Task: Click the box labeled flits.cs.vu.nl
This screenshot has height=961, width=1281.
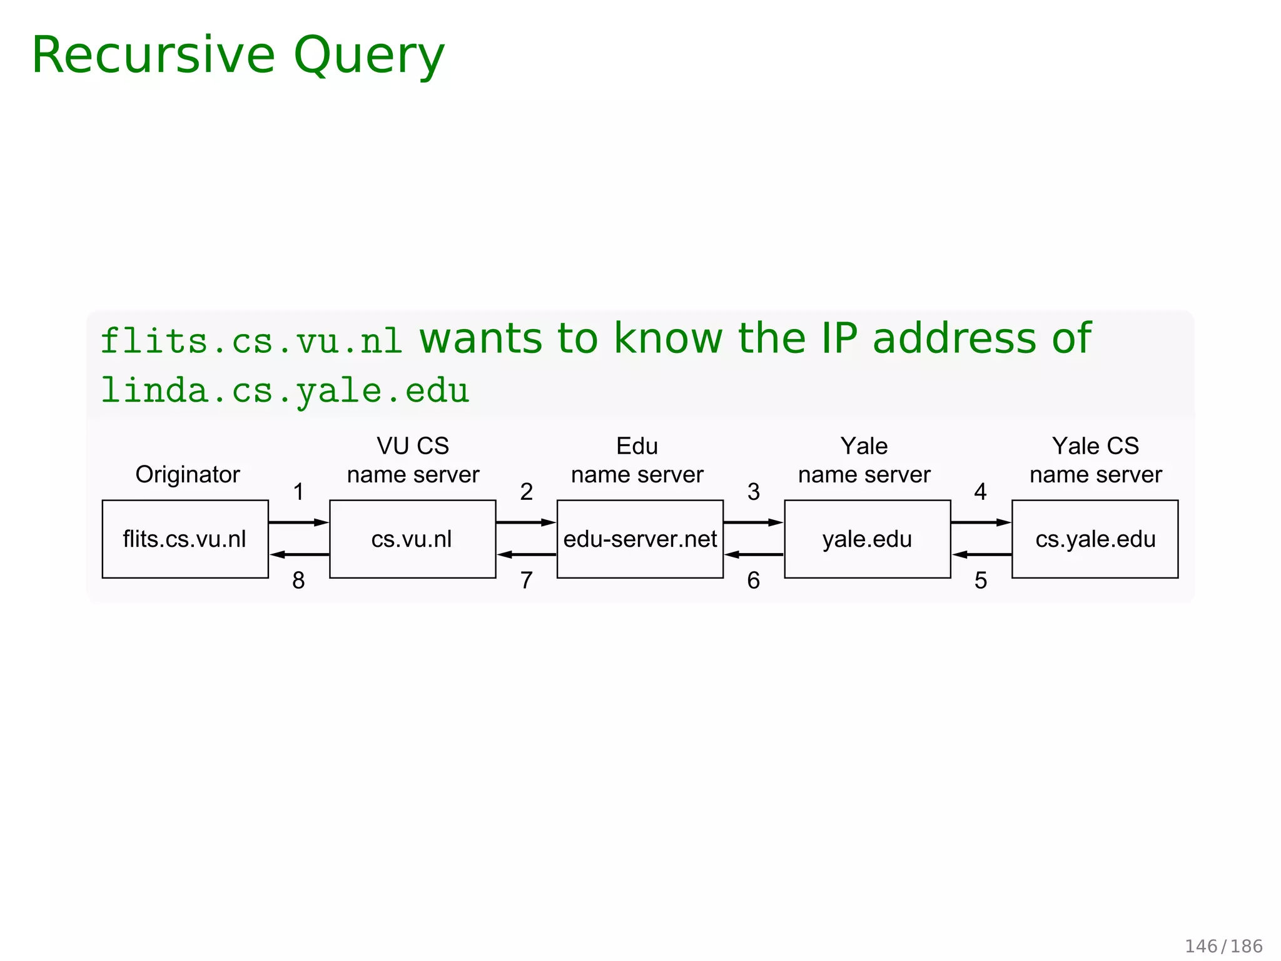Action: click(x=185, y=539)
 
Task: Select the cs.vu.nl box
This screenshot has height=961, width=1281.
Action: click(x=412, y=539)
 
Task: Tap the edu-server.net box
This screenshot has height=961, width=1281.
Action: click(x=640, y=539)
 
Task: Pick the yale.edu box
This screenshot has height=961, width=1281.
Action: click(x=867, y=539)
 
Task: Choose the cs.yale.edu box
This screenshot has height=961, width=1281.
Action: click(x=1095, y=539)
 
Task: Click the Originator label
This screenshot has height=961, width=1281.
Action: click(x=188, y=474)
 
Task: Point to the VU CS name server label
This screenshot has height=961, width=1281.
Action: click(x=413, y=460)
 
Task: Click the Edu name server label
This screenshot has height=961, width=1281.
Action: click(x=637, y=460)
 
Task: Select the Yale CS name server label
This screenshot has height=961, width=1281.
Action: click(x=1095, y=460)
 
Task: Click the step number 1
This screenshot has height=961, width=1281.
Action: click(x=299, y=492)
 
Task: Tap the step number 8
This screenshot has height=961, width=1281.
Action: click(x=299, y=581)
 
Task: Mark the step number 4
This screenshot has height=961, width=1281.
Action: click(x=980, y=492)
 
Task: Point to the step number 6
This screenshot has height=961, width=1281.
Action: click(x=754, y=581)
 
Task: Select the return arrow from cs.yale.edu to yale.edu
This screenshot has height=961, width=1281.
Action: click(x=981, y=554)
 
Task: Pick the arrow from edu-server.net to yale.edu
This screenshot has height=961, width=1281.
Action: click(x=754, y=522)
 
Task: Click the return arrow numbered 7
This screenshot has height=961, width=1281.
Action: click(x=527, y=554)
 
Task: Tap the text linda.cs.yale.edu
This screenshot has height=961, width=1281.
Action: click(x=285, y=391)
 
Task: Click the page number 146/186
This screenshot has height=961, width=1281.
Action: click(x=1223, y=946)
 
